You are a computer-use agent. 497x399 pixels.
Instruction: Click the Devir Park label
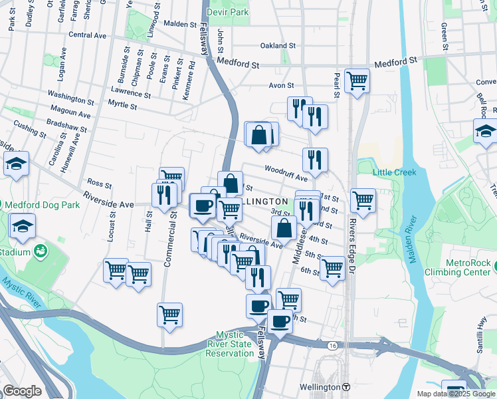pyautogui.click(x=227, y=12)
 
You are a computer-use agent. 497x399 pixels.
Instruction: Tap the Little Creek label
pyautogui.click(x=394, y=172)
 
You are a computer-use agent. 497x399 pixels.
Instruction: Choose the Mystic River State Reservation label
pyautogui.click(x=229, y=344)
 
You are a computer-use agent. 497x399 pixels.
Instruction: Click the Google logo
pyautogui.click(x=22, y=391)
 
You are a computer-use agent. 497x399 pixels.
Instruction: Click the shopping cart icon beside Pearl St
pyautogui.click(x=357, y=81)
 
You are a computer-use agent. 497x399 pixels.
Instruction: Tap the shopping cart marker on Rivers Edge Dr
pyautogui.click(x=363, y=199)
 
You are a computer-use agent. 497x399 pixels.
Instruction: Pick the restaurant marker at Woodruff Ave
pyautogui.click(x=315, y=160)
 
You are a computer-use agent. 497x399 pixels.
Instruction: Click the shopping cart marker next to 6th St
pyautogui.click(x=332, y=268)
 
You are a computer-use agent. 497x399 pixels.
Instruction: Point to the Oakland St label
pyautogui.click(x=278, y=45)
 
